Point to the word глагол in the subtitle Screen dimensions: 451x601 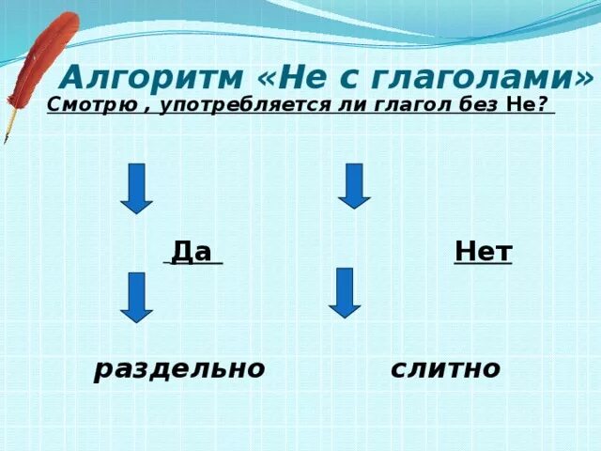(404, 105)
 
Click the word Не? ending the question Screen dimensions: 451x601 (527, 105)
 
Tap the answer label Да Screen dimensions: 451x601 (193, 251)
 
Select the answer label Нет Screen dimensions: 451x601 (483, 251)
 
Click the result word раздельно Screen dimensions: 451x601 (179, 369)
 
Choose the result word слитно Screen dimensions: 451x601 (445, 368)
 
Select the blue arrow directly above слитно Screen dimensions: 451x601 (345, 292)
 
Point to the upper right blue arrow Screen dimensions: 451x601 (354, 185)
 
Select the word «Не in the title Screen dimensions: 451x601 (293, 75)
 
